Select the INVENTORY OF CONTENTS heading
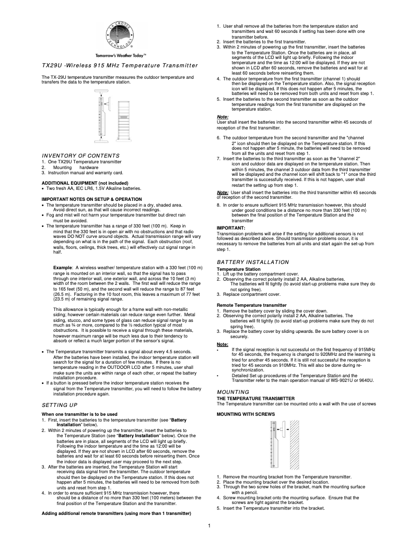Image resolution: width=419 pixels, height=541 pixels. [80, 156]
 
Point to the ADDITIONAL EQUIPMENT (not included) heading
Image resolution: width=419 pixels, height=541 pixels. [84, 183]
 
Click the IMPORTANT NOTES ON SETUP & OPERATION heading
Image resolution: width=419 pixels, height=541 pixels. [91, 199]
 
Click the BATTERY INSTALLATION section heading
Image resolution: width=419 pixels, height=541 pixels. [253, 262]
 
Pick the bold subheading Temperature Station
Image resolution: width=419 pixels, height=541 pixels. [241, 269]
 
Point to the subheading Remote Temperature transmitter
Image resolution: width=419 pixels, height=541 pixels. [251, 305]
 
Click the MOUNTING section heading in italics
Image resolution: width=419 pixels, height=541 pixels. [233, 391]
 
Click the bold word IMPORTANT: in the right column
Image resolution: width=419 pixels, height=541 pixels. [230, 228]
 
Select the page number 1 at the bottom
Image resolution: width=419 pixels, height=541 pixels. [209, 525]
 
